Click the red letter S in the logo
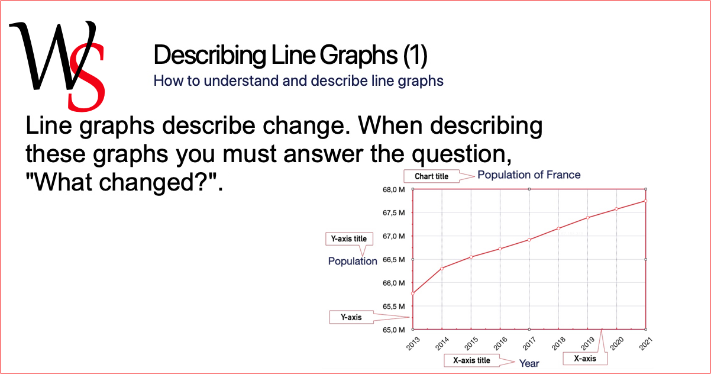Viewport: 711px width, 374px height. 86,78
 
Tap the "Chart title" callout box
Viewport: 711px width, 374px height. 431,176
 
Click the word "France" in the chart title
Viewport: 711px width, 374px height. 562,175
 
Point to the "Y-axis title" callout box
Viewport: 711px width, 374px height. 349,238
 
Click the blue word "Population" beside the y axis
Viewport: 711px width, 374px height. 353,261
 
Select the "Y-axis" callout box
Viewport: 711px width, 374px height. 351,317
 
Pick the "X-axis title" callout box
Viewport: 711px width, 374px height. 471,360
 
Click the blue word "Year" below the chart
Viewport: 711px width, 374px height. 529,363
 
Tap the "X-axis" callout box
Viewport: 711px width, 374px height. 585,359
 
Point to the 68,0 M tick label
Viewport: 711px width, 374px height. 393,190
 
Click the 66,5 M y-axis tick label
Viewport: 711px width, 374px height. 393,260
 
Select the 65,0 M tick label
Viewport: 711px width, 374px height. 393,330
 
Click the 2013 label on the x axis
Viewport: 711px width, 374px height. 413,343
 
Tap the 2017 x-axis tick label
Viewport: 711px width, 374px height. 529,343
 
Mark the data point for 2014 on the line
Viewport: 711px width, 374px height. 442,269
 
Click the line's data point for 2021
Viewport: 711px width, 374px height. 645,201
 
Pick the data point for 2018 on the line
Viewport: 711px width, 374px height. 558,228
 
